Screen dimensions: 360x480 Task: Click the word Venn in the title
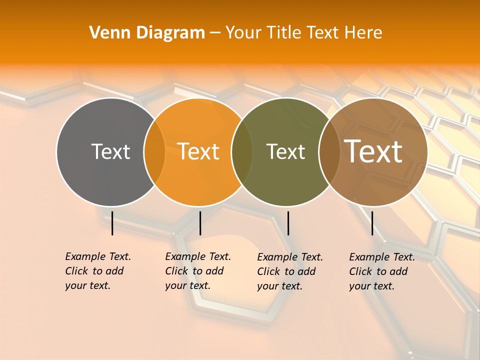click(x=106, y=33)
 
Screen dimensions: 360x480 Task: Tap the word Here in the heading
click(x=363, y=33)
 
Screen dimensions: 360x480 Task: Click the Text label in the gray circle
click(x=110, y=151)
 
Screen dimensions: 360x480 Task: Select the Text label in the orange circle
click(x=198, y=151)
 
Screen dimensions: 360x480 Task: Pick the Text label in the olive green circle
click(x=285, y=151)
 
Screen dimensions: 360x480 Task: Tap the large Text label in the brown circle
click(x=373, y=151)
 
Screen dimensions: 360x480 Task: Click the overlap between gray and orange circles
click(x=154, y=152)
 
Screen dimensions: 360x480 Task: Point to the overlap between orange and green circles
click(x=242, y=152)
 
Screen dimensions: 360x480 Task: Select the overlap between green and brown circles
click(x=329, y=152)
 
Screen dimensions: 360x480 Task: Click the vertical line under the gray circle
click(x=112, y=223)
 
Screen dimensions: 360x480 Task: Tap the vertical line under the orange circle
click(x=200, y=223)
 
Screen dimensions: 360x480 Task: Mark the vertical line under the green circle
click(x=288, y=223)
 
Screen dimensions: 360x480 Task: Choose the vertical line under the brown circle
click(x=372, y=223)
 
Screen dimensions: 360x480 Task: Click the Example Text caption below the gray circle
click(x=97, y=271)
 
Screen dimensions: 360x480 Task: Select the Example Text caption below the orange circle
click(x=197, y=271)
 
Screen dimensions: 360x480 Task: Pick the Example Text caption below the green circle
click(x=289, y=271)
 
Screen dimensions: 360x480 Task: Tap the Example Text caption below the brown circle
click(x=381, y=271)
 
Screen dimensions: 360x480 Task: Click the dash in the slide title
click(x=215, y=33)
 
